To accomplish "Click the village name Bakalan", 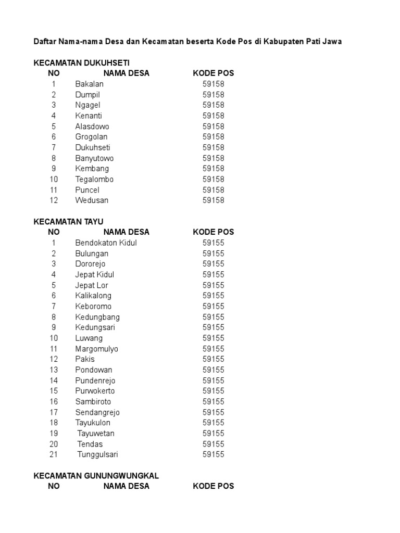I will tap(89, 84).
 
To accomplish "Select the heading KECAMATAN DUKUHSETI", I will tap(81, 62).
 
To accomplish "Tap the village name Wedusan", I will tap(92, 200).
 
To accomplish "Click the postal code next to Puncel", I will tap(214, 190).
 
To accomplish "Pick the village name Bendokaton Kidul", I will tap(106, 243).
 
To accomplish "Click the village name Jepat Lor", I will tap(92, 285).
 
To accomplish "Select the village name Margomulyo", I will tap(96, 349).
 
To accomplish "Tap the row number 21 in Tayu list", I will tap(54, 454).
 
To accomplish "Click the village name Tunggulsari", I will tap(98, 454).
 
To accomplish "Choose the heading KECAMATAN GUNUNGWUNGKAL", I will tap(96, 476).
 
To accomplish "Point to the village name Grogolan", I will tap(91, 137).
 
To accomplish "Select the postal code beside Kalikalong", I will tap(214, 296).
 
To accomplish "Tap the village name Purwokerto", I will tap(95, 391).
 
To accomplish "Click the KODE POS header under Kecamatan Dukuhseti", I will tap(214, 73).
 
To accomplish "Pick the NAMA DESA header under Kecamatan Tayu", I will tap(127, 232).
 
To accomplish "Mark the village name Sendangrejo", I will tap(97, 412).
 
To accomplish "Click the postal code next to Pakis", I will tap(214, 359).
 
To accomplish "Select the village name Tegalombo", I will tap(94, 179).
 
